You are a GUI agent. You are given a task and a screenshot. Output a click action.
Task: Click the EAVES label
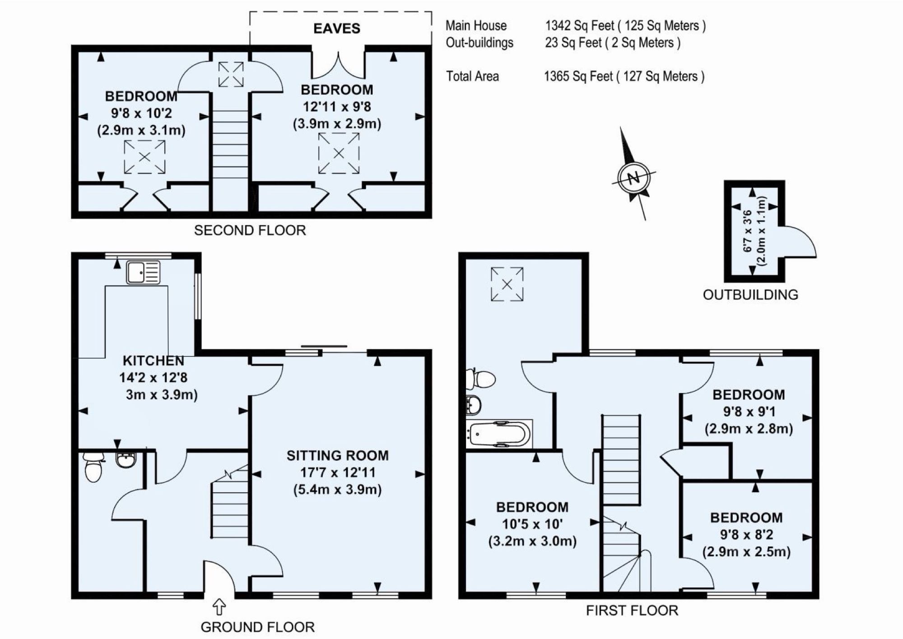[337, 28]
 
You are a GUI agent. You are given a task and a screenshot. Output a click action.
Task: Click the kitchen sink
[143, 272]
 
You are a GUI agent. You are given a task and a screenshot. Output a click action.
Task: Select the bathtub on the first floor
[499, 434]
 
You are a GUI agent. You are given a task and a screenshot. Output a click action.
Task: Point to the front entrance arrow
[219, 607]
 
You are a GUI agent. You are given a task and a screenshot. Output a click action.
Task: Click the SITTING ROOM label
[338, 456]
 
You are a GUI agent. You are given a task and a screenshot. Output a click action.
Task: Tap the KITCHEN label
[154, 361]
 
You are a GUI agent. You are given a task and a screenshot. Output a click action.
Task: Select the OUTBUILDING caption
[750, 295]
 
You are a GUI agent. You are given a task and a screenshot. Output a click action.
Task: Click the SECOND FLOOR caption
[250, 230]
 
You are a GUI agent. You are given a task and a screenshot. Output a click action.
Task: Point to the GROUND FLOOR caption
[258, 627]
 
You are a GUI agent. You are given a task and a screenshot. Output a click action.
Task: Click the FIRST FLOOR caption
[632, 611]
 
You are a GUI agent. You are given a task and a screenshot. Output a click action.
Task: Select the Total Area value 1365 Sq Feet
[579, 76]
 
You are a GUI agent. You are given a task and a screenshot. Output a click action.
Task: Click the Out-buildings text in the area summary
[479, 43]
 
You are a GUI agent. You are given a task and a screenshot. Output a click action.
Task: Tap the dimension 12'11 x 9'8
[337, 107]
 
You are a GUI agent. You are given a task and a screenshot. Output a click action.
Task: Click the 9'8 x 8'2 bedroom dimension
[747, 535]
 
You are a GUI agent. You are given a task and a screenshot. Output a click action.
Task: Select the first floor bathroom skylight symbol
[507, 284]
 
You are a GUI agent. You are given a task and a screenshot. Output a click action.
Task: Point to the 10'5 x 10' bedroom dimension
[532, 524]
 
